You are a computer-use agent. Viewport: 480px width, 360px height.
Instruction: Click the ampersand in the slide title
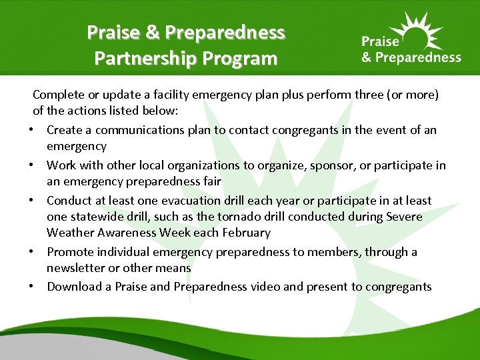[x=153, y=32]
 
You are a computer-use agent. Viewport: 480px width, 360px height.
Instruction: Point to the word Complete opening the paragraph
[x=58, y=94]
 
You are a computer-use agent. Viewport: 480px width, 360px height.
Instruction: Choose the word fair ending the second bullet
[x=213, y=181]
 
